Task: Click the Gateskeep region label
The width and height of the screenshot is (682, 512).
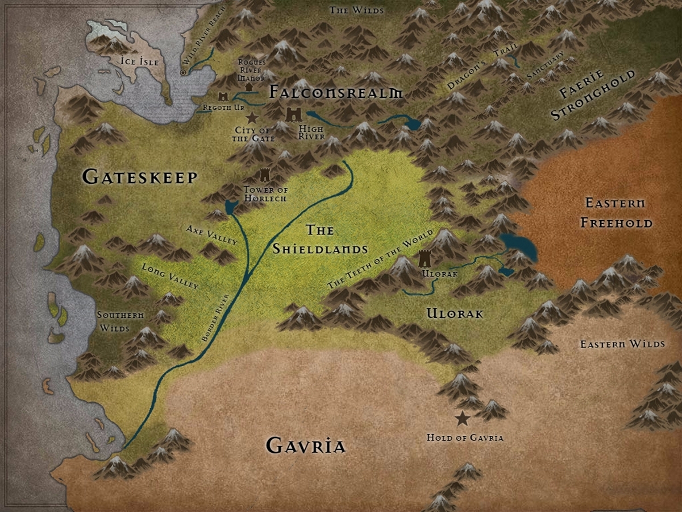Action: (x=140, y=177)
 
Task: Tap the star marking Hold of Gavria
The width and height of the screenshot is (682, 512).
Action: (x=463, y=419)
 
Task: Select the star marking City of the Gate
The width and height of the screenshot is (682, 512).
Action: (x=252, y=118)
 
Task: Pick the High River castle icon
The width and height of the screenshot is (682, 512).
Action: (x=294, y=114)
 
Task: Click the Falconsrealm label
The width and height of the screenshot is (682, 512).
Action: (x=336, y=92)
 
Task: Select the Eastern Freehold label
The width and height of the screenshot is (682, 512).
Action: (x=616, y=212)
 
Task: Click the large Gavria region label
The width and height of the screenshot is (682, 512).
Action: (x=306, y=445)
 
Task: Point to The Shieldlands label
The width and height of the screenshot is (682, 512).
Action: (x=319, y=240)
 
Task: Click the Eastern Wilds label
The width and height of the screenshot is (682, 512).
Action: (x=622, y=344)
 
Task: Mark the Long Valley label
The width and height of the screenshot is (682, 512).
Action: (x=170, y=275)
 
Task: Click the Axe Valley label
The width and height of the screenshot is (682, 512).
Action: (x=211, y=234)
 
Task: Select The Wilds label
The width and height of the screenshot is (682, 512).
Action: (x=356, y=10)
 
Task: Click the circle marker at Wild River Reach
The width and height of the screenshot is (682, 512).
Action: (x=183, y=73)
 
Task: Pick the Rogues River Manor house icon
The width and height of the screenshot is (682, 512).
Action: (x=248, y=86)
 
